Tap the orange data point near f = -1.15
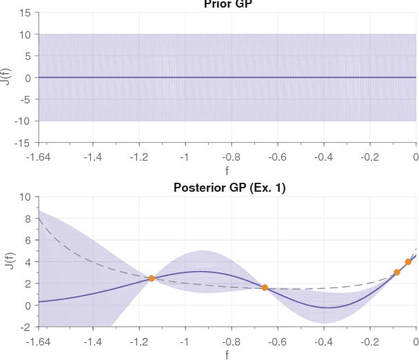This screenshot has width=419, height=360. (x=151, y=279)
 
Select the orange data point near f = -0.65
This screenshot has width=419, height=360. (x=265, y=288)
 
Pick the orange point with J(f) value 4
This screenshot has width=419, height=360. (x=408, y=262)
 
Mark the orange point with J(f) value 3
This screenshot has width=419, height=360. (x=396, y=272)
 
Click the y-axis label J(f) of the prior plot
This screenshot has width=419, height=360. (x=6, y=77)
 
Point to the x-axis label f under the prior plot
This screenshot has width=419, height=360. (x=227, y=170)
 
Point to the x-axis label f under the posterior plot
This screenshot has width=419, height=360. (x=227, y=354)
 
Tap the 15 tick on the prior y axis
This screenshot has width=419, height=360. (x=25, y=12)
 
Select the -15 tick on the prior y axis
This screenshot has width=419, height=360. (x=23, y=143)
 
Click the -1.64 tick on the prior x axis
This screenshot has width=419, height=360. (x=39, y=156)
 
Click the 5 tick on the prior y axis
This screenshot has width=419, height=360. (x=28, y=56)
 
